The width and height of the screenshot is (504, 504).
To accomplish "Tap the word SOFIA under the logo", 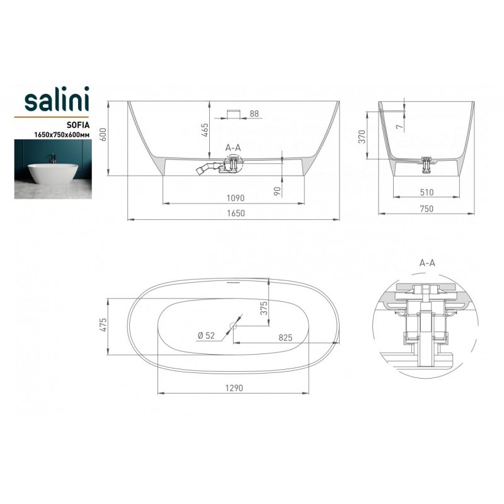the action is (78, 125).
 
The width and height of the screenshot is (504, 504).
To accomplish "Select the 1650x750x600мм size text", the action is (62, 135).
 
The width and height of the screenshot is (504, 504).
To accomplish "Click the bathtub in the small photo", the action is (54, 174).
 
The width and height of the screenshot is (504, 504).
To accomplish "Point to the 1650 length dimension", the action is (236, 213).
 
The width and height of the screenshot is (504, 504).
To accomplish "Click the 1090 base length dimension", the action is (236, 198).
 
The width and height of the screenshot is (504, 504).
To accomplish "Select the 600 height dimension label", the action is (103, 134).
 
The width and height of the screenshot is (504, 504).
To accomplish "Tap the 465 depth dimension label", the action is (205, 130).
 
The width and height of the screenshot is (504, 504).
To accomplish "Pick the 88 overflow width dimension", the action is (255, 113).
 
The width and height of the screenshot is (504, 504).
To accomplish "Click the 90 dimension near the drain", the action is (277, 192).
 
